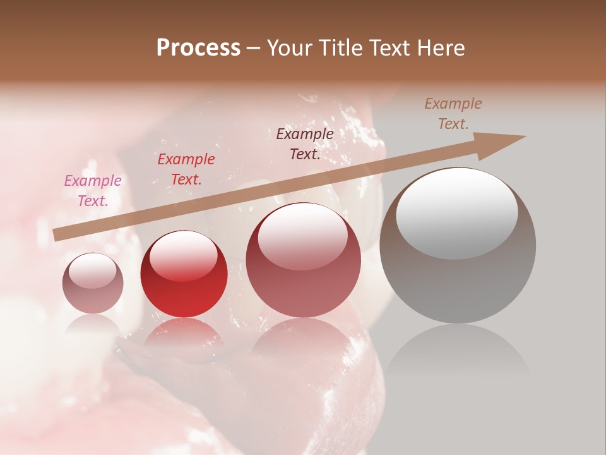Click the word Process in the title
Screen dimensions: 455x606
pyautogui.click(x=198, y=48)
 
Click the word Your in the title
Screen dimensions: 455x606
pyautogui.click(x=289, y=48)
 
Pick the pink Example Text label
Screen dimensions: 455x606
pyautogui.click(x=93, y=191)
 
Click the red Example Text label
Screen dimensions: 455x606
pyautogui.click(x=186, y=169)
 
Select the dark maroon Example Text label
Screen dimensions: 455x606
pyautogui.click(x=305, y=144)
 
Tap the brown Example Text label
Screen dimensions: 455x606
pyautogui.click(x=453, y=114)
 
